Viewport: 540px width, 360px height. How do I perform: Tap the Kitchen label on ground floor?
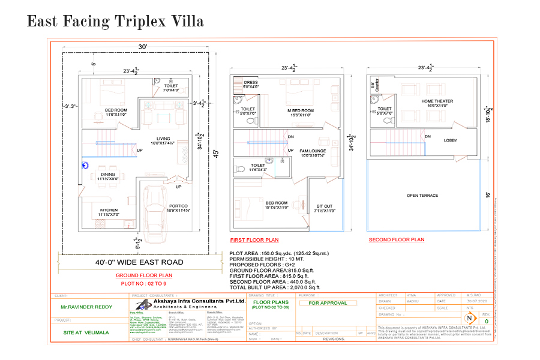[109, 210]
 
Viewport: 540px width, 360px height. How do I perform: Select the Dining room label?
[108, 175]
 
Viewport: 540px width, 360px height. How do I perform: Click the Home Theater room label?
[437, 101]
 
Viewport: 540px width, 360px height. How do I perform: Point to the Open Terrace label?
[422, 196]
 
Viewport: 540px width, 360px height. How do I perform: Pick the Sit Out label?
[324, 206]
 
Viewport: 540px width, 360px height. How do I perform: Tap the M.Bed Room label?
[301, 110]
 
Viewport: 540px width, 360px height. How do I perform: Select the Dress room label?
[250, 83]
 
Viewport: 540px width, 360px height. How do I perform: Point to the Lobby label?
[451, 140]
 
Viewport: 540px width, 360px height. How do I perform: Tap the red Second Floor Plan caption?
[396, 239]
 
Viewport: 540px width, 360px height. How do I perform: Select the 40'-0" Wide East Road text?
[139, 262]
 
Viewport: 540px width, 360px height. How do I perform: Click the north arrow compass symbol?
[470, 317]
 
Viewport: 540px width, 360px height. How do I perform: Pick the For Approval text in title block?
[328, 303]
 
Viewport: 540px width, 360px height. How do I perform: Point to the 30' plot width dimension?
[143, 47]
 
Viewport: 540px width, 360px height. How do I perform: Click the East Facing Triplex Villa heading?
[115, 22]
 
